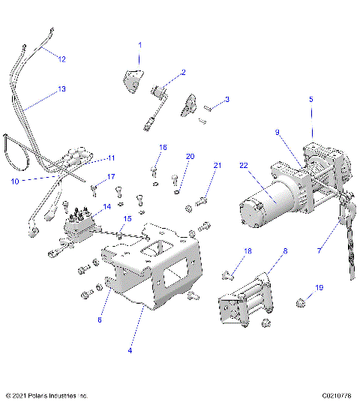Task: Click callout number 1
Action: click(139, 46)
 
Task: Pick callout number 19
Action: click(319, 288)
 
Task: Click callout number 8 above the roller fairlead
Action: click(285, 253)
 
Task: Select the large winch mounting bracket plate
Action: click(161, 270)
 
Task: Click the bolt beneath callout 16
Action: click(155, 172)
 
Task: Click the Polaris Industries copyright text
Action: click(46, 395)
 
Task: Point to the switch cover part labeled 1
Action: click(133, 79)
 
